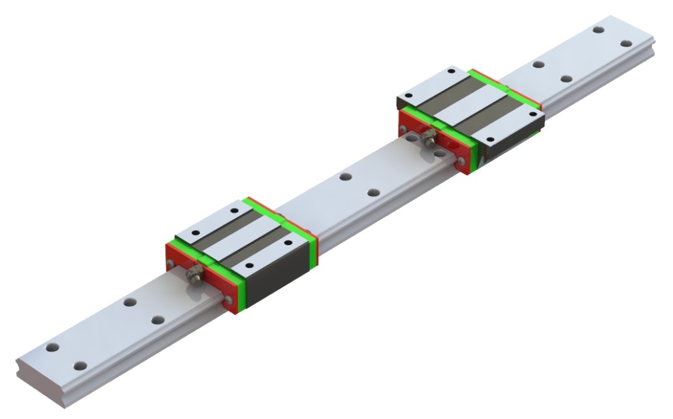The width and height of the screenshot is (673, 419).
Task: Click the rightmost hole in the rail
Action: point(626,43)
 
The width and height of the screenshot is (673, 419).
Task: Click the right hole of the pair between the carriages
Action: point(373,192)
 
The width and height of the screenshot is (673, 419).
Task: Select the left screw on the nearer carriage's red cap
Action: point(171,263)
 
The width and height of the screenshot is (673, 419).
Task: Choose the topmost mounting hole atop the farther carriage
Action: point(450,71)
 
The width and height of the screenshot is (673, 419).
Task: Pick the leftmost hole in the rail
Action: point(52,347)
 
